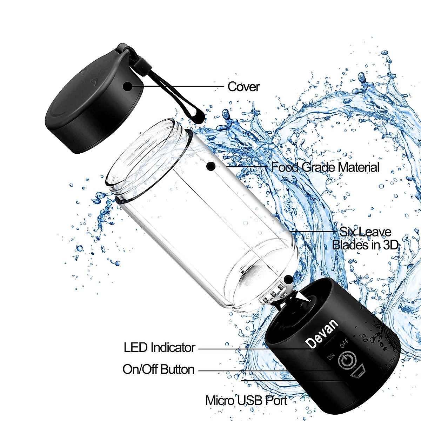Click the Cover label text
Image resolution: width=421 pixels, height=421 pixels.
pos(243,87)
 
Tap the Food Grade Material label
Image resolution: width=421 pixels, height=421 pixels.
pos(325,167)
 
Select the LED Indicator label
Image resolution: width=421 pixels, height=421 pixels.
pos(159,347)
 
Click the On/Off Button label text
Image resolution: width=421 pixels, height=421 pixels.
pos(158,369)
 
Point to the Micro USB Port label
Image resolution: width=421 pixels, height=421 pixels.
pos(246,400)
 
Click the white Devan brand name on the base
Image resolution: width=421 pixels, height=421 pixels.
pos(322,333)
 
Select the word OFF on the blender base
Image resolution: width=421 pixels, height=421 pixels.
pos(344,343)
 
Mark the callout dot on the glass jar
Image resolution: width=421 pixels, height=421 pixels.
pos(210,167)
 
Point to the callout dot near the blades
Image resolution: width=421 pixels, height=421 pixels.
pos(288,279)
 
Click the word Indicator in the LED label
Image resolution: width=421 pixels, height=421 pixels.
pos(173,347)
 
